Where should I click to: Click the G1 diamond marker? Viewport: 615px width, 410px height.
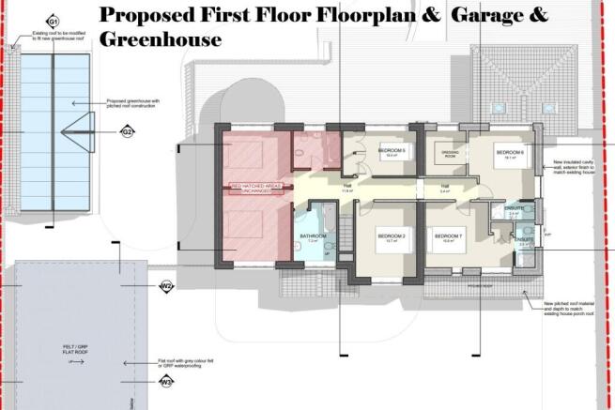54,21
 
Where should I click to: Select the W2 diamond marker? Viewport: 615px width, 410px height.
166,285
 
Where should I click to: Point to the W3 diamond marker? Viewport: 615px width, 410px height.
166,381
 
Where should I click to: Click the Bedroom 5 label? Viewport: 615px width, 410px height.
392,151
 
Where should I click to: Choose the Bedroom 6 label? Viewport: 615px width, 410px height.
510,152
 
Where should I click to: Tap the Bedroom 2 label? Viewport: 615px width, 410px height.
391,235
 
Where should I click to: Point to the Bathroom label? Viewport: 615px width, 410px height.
312,235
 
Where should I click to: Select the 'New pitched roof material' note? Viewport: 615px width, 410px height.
572,311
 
